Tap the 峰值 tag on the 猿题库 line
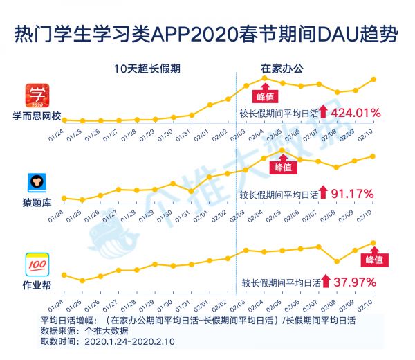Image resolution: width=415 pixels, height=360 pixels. point(284,167)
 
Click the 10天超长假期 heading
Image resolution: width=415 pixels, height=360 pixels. point(147,69)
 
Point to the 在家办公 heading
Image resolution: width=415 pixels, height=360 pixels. point(282,69)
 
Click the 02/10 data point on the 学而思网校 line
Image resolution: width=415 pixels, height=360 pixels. point(374,79)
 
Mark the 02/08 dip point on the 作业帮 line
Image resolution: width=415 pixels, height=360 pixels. point(337,261)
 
